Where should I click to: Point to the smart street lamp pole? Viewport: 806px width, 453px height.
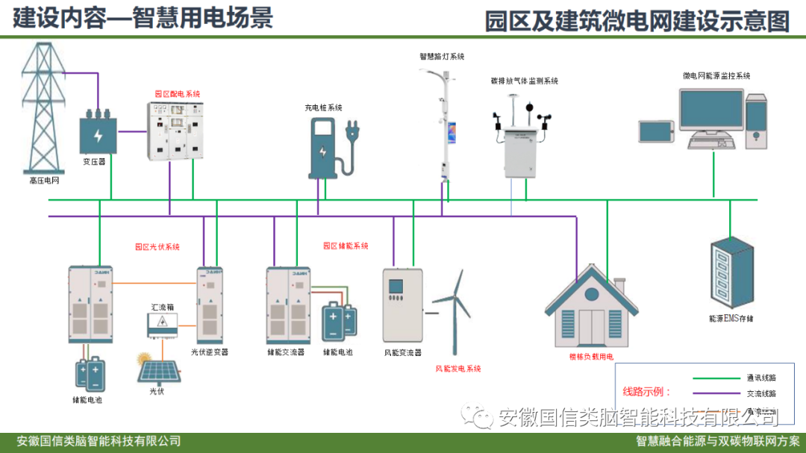(447, 127)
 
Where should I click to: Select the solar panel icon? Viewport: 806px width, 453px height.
(158, 371)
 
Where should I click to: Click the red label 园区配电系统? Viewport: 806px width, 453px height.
(178, 94)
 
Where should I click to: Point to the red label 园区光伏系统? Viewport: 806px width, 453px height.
(157, 246)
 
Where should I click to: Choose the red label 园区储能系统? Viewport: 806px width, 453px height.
(346, 246)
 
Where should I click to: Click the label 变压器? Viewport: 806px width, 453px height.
(94, 161)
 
